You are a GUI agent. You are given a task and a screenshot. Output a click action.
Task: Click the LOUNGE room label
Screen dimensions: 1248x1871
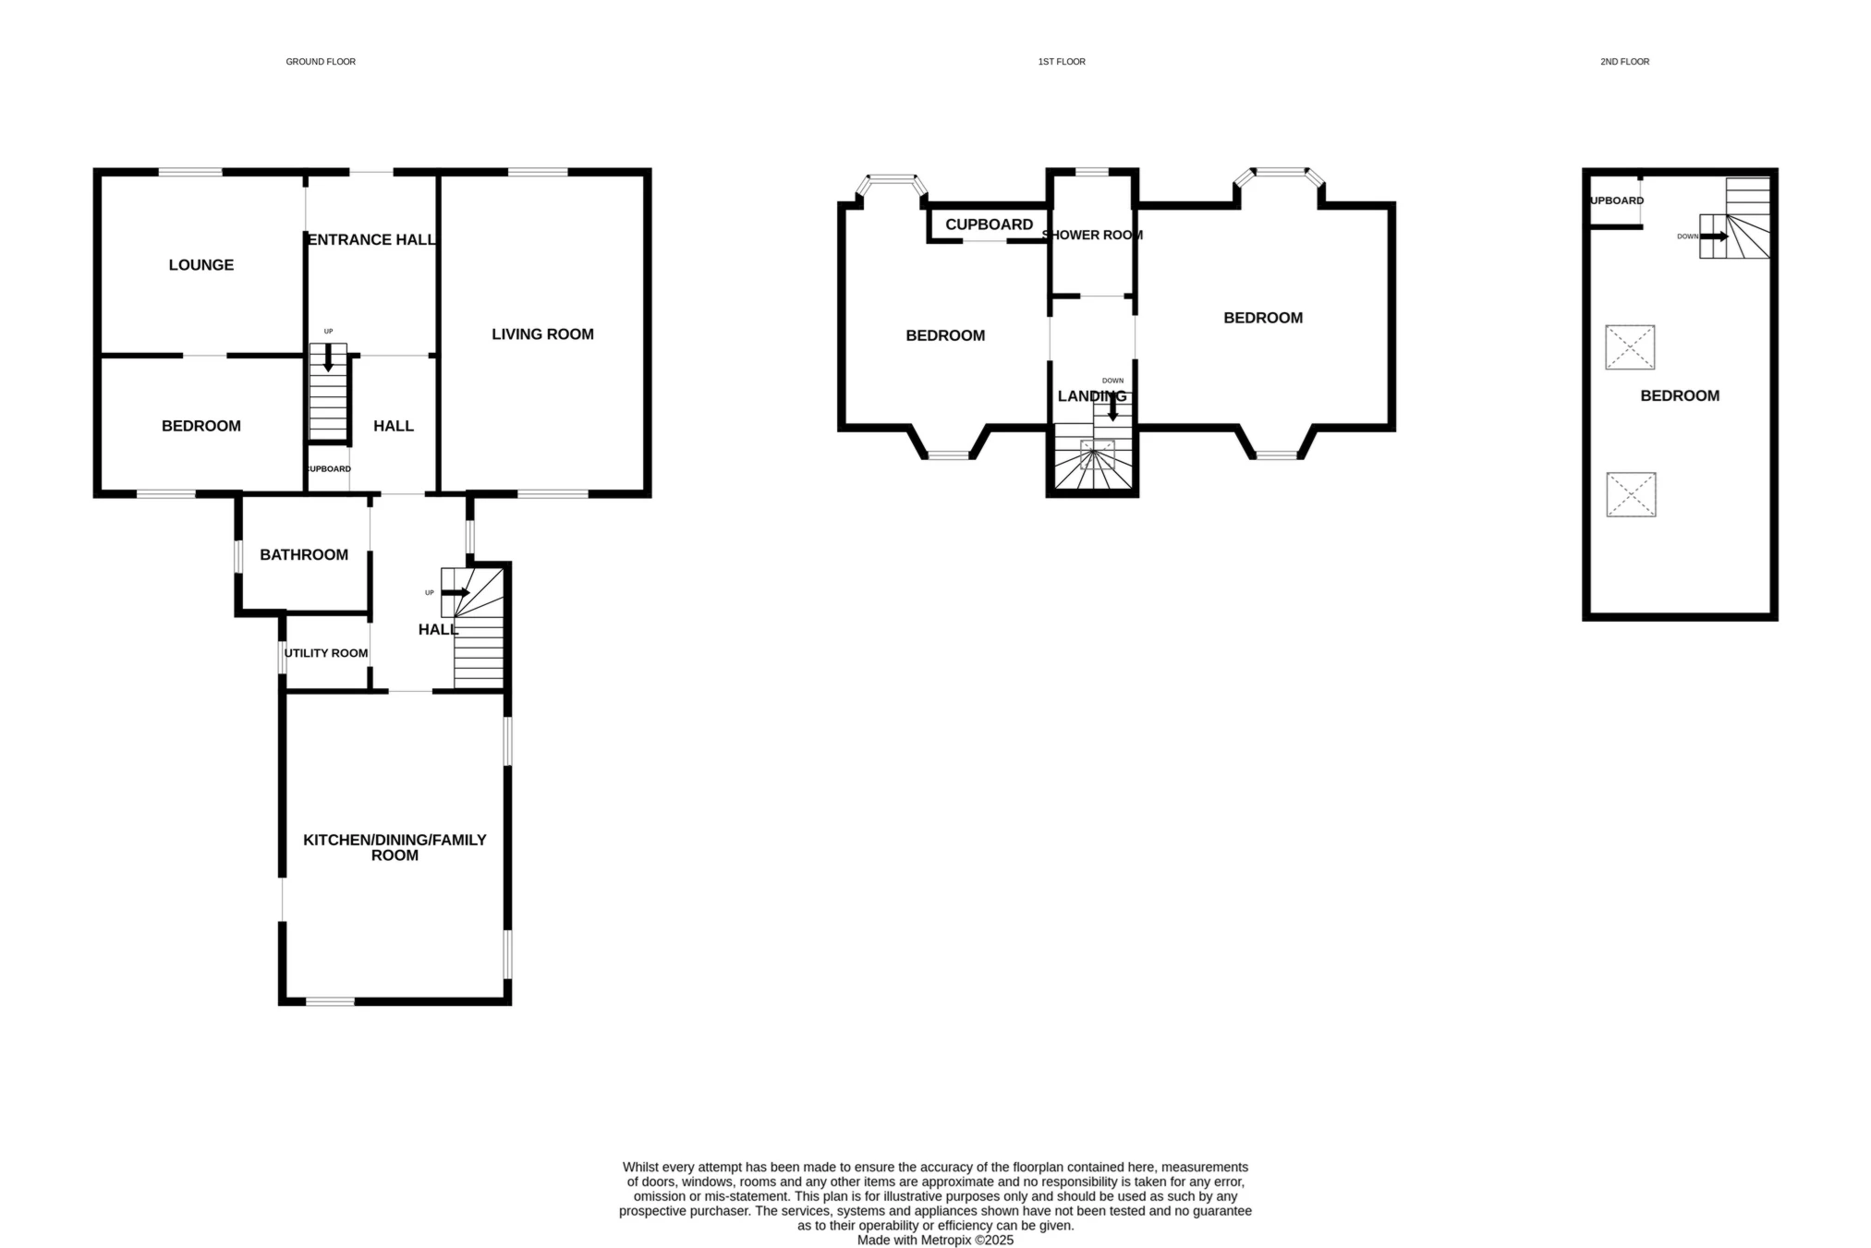click(200, 265)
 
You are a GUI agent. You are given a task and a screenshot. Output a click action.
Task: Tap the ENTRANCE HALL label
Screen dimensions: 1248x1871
click(371, 239)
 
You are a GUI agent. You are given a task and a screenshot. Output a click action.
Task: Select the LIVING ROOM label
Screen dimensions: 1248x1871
click(542, 334)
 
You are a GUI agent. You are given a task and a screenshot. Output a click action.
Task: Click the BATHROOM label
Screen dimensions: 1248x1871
click(304, 554)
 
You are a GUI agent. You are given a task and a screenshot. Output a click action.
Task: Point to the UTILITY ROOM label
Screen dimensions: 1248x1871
click(325, 653)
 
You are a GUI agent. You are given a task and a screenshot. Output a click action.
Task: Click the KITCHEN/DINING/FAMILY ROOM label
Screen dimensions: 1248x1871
click(395, 847)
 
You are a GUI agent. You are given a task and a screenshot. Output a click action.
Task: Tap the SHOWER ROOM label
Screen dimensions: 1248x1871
click(1092, 235)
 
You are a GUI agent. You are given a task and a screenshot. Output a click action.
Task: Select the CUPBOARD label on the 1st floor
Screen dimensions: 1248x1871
click(989, 224)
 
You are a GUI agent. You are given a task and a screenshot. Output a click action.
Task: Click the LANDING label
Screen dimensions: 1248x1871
click(1091, 396)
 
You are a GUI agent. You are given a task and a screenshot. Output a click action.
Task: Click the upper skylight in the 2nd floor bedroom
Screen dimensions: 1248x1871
click(1630, 347)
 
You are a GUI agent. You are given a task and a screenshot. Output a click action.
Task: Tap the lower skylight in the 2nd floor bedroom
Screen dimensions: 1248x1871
click(1631, 494)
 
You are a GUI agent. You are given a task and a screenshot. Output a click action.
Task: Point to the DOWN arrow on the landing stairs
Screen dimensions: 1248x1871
click(1112, 406)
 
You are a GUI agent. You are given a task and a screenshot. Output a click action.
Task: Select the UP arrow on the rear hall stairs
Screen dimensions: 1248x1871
click(456, 592)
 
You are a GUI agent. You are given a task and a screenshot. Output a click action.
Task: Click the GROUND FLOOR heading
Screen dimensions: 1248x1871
click(321, 62)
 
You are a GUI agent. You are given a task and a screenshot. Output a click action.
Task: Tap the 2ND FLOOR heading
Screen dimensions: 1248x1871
click(1624, 62)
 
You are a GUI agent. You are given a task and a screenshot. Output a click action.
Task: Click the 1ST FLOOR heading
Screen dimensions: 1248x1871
click(1062, 62)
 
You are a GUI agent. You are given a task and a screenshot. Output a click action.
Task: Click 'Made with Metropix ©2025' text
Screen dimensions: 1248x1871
click(935, 1240)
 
